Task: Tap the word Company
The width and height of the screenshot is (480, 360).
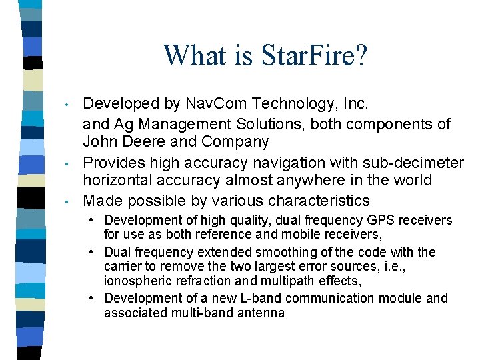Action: [x=238, y=142]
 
